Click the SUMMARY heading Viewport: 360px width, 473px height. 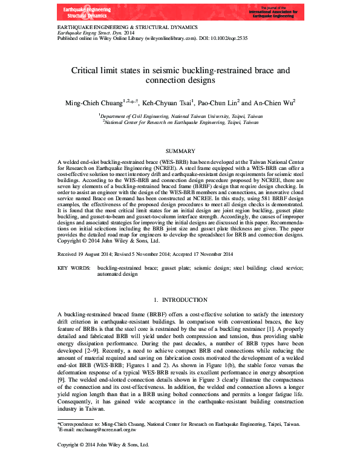(x=180, y=151)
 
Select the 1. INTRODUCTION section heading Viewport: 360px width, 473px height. (x=180, y=299)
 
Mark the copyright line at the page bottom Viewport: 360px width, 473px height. (x=103, y=445)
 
